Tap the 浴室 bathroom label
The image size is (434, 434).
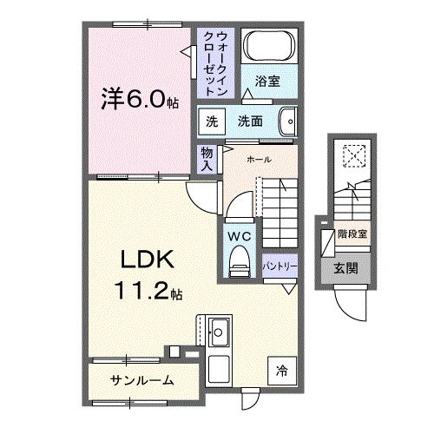click(266, 82)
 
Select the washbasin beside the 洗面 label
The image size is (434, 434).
click(288, 122)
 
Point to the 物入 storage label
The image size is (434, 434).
click(207, 159)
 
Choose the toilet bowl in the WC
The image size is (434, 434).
click(238, 260)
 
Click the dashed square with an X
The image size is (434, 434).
click(355, 155)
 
